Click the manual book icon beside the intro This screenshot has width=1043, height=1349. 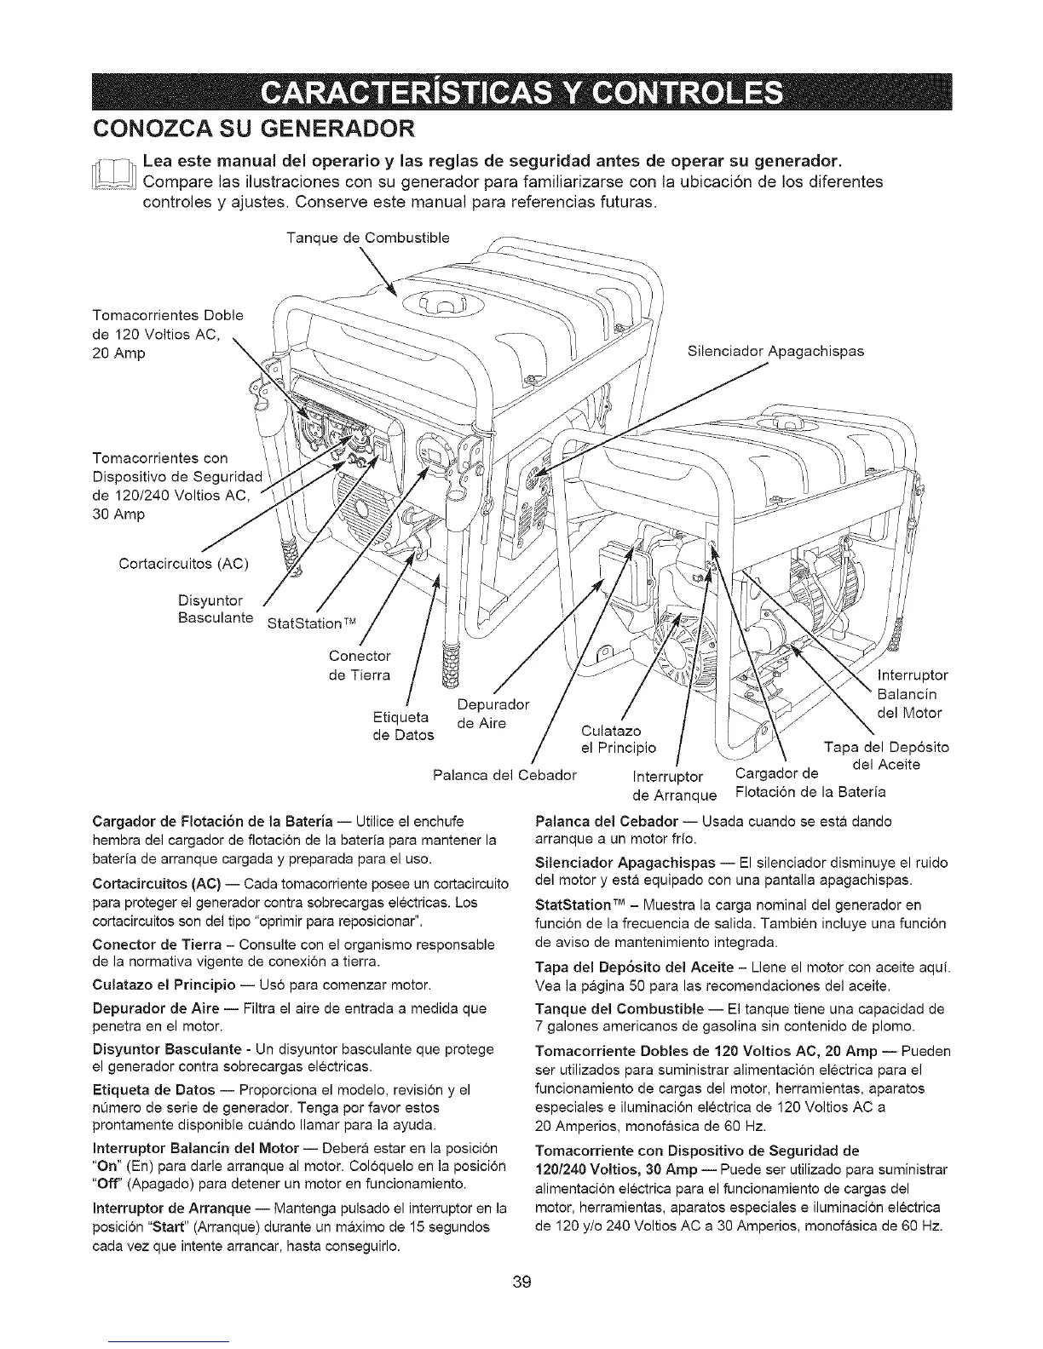(x=120, y=180)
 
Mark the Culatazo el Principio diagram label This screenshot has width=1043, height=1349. (x=618, y=739)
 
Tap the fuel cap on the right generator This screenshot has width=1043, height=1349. (x=785, y=425)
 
